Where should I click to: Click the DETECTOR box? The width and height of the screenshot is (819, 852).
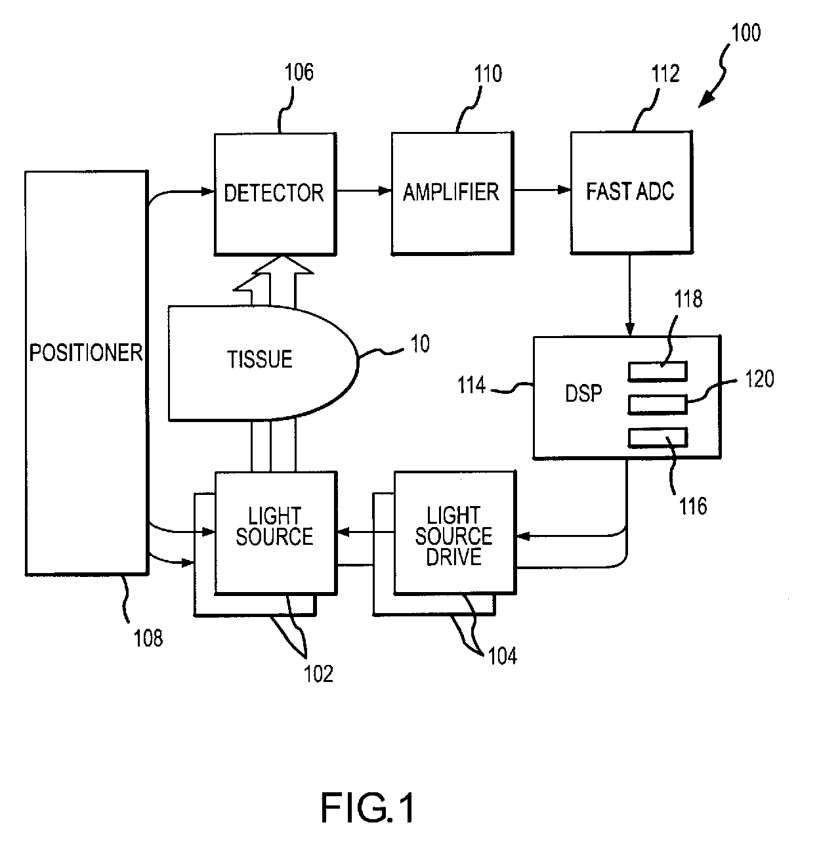click(x=276, y=194)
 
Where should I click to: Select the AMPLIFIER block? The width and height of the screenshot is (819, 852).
click(x=452, y=193)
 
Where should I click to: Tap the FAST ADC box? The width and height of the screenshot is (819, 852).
click(x=632, y=192)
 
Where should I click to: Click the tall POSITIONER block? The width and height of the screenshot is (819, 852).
click(x=87, y=373)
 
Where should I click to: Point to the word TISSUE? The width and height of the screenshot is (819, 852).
click(x=260, y=360)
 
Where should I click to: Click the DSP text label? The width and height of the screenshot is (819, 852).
click(x=583, y=393)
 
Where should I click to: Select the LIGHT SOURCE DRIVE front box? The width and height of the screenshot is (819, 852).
click(x=455, y=533)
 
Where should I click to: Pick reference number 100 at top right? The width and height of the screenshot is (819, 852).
click(x=746, y=33)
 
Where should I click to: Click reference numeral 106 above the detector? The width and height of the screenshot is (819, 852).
click(x=299, y=72)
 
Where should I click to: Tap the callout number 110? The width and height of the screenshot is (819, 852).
click(x=488, y=74)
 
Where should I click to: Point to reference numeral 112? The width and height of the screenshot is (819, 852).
click(x=665, y=74)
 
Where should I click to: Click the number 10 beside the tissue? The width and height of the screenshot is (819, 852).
click(x=420, y=344)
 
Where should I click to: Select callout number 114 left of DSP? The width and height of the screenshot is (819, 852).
click(x=471, y=385)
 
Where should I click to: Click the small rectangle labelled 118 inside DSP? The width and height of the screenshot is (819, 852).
click(x=658, y=372)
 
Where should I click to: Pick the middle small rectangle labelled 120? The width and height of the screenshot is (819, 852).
click(x=658, y=404)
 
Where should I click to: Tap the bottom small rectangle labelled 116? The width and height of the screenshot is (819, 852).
click(x=658, y=437)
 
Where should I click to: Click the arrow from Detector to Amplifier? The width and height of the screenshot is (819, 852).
click(x=364, y=190)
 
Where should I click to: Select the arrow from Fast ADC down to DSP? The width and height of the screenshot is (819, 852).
click(x=630, y=295)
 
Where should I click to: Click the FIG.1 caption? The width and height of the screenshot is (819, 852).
click(x=367, y=809)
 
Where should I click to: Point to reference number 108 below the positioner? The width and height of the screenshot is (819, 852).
click(x=148, y=639)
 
